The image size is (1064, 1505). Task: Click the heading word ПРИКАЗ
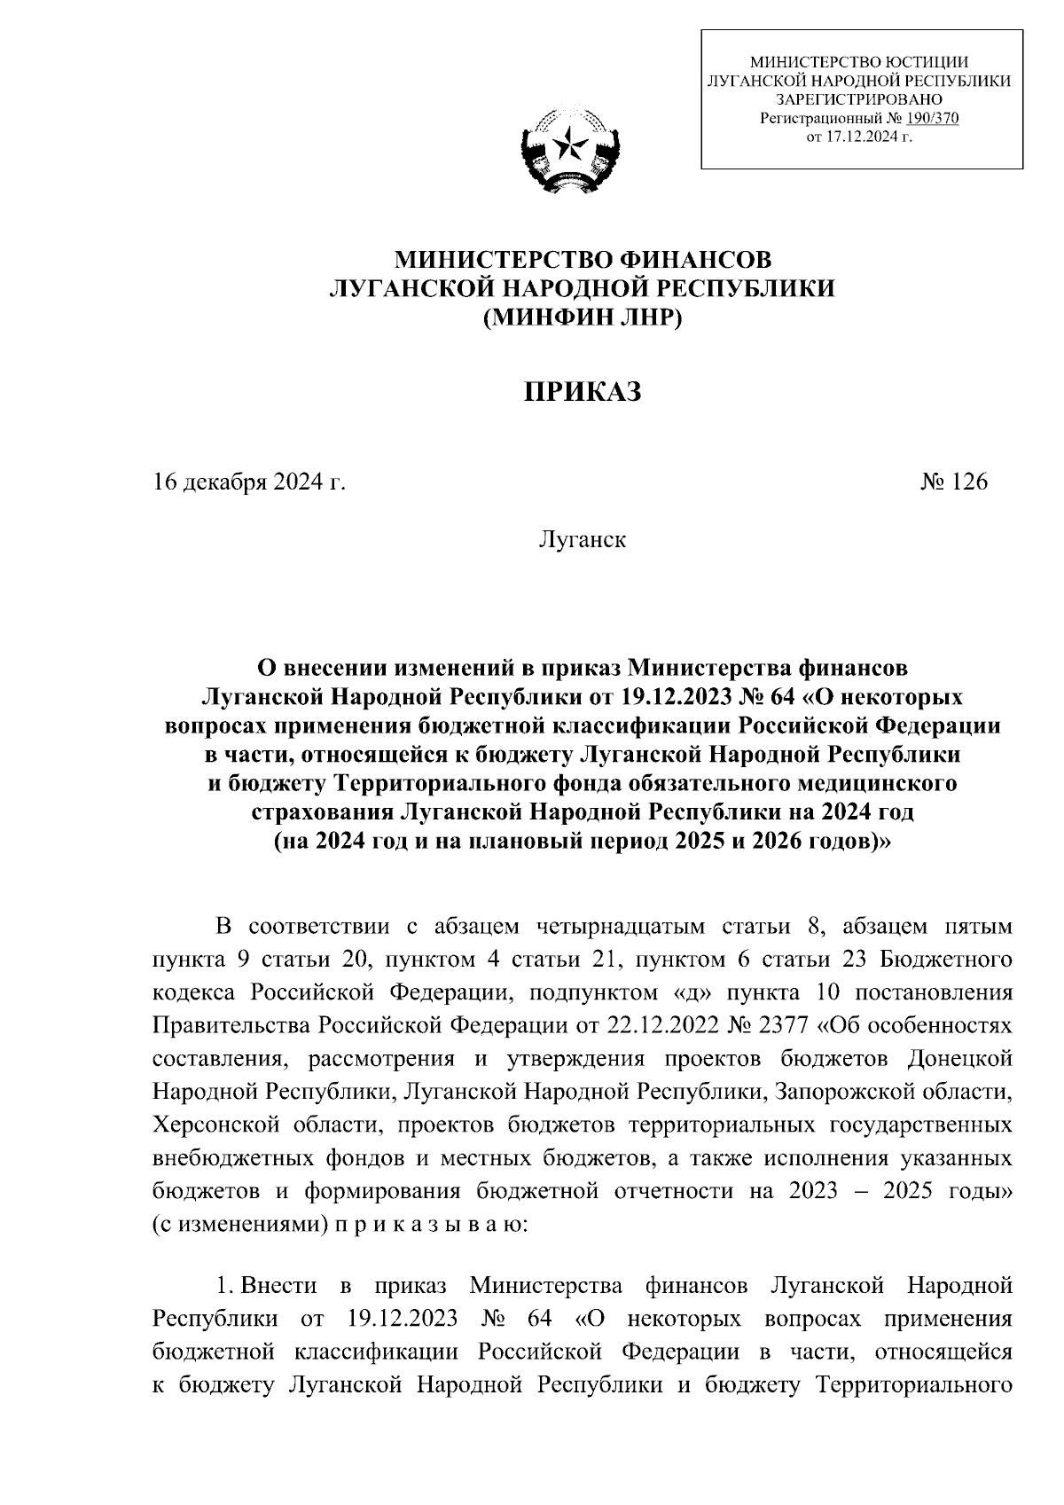click(x=581, y=392)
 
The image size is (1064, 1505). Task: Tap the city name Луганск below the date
click(x=582, y=539)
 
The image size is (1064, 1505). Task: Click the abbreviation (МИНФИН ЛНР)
click(x=582, y=317)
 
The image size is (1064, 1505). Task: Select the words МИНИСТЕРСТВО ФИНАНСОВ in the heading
click(x=583, y=260)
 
